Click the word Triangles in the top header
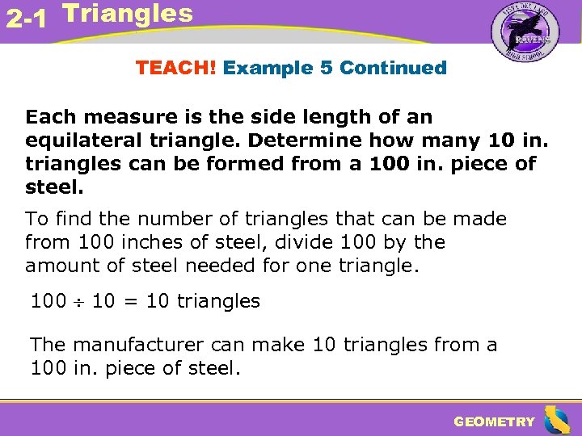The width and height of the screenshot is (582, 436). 127,13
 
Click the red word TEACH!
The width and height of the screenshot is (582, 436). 176,68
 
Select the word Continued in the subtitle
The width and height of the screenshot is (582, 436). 393,68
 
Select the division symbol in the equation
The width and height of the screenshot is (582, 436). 79,303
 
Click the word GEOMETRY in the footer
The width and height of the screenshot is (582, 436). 494,421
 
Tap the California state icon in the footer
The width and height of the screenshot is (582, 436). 556,420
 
